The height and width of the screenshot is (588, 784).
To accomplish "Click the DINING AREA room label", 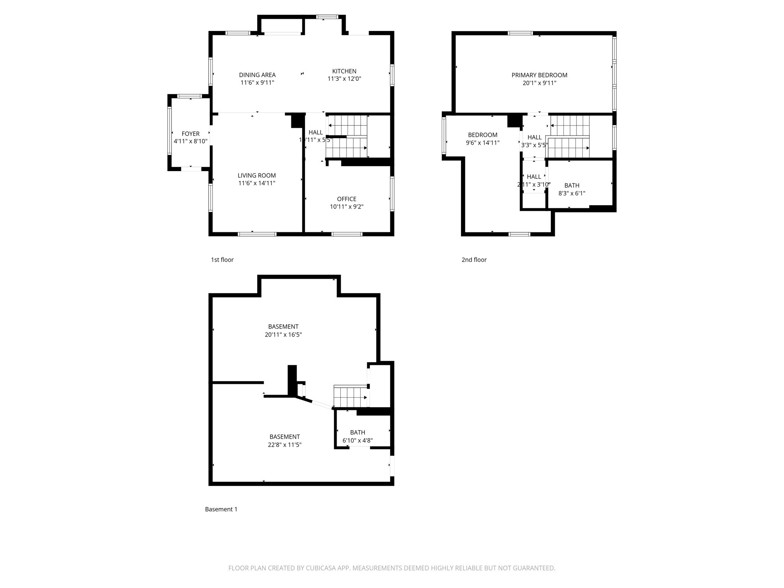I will (x=257, y=75).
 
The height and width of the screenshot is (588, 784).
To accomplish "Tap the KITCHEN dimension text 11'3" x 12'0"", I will (x=344, y=79).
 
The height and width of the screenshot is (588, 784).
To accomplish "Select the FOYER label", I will (x=191, y=134).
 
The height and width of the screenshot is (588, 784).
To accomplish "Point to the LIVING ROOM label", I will (x=256, y=175).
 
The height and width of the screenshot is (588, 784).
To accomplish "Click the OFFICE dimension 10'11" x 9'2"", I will (x=346, y=207).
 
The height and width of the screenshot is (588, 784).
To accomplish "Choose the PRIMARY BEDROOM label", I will (x=539, y=75).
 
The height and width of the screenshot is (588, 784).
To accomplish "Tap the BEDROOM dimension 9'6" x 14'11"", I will (x=482, y=143).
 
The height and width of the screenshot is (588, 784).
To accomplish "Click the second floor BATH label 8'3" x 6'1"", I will (x=572, y=189).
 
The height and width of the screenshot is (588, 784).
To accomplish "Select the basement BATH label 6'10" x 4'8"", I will (x=358, y=436).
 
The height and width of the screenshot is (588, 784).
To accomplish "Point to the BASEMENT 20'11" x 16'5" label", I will (x=283, y=330).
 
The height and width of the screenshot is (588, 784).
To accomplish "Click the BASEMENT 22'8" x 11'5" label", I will (x=284, y=441).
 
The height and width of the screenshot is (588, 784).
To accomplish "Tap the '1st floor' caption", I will (x=222, y=260).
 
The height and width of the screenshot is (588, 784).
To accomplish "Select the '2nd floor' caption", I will (x=474, y=260).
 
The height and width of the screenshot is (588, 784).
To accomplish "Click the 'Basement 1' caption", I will (x=221, y=509).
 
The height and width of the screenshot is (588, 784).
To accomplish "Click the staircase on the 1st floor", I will (x=347, y=137).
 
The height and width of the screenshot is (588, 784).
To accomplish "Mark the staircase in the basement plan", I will (x=350, y=397).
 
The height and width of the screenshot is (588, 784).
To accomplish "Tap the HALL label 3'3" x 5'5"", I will (x=534, y=141).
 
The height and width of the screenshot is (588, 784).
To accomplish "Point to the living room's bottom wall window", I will (x=257, y=234).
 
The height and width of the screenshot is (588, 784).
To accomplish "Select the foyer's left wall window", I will (x=170, y=131).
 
